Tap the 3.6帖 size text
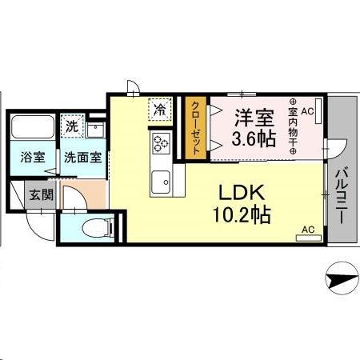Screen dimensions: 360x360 tap(254, 139)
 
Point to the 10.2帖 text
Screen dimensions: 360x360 tap(240, 215)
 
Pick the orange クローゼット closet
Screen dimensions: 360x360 tap(193, 126)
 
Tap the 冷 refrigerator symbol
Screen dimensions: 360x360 tap(161, 108)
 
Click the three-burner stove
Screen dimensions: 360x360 tap(158, 144)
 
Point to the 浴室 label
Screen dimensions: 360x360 tap(33, 157)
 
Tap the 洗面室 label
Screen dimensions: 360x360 tap(82, 157)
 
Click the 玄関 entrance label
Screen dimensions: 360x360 tap(41, 194)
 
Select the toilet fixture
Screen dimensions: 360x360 tap(93, 225)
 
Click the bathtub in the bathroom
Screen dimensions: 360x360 tap(33, 127)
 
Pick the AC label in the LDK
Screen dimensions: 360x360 tap(307, 230)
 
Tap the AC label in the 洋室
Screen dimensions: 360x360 tap(308, 102)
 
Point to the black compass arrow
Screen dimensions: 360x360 tap(339, 280)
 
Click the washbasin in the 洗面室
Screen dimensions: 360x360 tap(97, 130)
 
